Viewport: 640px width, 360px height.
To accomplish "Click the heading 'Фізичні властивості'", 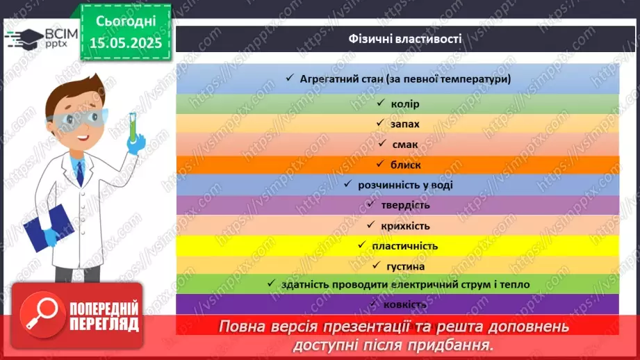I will [405, 39].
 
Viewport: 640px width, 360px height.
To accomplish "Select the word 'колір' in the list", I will [405, 104].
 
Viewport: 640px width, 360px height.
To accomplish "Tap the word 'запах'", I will [405, 124].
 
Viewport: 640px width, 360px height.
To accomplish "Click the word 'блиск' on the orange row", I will [405, 165].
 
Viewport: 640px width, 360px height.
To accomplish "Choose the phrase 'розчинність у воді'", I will [404, 185].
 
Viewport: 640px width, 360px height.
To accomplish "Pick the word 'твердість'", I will [405, 205].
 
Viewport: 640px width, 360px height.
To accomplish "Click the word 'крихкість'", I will [405, 226].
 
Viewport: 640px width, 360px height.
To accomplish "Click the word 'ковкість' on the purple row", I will [404, 304].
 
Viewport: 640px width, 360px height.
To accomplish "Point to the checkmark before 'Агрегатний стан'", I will [290, 79].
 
